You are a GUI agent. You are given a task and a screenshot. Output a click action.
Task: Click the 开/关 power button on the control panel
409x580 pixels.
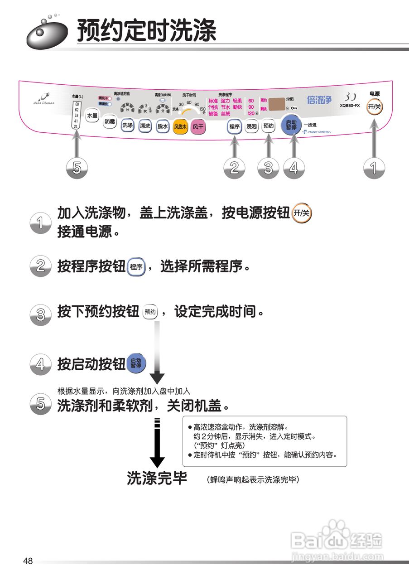tap(374, 107)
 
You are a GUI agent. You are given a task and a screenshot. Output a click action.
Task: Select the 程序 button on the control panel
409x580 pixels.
tap(234, 127)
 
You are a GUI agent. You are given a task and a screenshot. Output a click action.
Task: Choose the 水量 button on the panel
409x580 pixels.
tap(92, 116)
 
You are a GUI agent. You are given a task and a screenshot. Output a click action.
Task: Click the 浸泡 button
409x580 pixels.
tap(251, 127)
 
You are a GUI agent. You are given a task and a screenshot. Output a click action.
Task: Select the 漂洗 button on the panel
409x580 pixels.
tap(145, 126)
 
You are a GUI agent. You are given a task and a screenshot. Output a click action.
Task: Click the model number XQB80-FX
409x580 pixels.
tap(350, 106)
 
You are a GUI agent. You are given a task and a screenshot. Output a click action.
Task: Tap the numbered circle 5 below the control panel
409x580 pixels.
tap(77, 168)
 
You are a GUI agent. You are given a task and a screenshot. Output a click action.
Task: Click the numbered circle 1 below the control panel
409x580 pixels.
tap(374, 168)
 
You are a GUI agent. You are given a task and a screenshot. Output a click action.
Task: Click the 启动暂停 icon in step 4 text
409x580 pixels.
tap(136, 363)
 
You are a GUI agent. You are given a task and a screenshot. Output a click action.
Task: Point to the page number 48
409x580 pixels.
tap(28, 561)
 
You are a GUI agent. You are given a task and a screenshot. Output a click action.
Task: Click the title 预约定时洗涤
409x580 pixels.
tap(146, 31)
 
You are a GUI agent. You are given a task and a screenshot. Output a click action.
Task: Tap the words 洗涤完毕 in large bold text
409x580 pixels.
tap(157, 478)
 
